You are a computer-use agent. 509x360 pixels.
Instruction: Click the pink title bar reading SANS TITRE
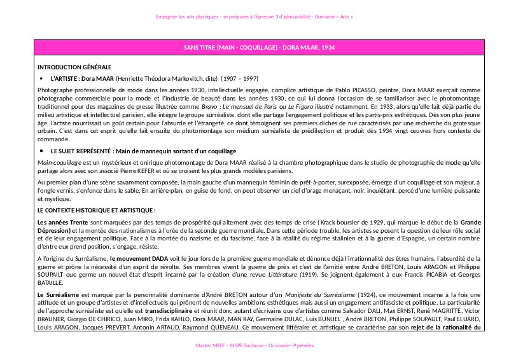(x=254, y=48)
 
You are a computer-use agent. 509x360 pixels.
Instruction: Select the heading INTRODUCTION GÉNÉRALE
(x=74, y=67)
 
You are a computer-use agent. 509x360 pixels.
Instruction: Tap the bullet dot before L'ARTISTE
(x=41, y=78)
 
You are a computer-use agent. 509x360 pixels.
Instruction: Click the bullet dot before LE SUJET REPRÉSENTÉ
(x=41, y=151)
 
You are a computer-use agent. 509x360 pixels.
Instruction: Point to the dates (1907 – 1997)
(x=239, y=78)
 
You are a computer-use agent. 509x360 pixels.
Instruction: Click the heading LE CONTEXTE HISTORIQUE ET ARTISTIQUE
(x=97, y=210)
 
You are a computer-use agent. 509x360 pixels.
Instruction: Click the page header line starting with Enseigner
(x=254, y=17)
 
